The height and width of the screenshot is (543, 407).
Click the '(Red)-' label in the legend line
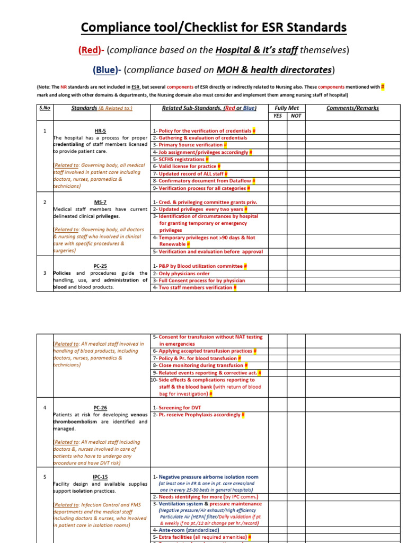(92, 50)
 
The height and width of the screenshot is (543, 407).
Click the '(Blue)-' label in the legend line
(108, 70)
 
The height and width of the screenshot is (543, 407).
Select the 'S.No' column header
(45, 108)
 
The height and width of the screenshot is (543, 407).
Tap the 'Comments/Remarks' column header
(352, 108)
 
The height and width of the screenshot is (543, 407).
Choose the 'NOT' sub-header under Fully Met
(296, 116)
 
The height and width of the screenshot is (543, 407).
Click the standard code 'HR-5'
(100, 130)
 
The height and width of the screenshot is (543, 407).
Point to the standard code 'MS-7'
(100, 202)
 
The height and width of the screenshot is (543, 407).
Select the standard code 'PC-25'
(100, 266)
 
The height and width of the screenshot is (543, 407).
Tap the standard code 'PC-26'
(100, 408)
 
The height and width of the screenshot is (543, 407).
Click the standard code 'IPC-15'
(100, 477)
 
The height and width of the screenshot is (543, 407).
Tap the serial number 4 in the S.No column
(45, 408)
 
